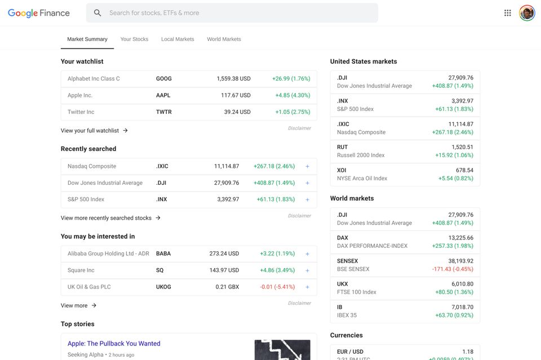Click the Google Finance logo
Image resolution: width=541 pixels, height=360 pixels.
click(38, 13)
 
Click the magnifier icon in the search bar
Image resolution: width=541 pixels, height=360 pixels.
click(97, 13)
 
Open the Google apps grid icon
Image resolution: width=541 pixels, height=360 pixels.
click(508, 13)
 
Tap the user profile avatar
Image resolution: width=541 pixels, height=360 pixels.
click(527, 13)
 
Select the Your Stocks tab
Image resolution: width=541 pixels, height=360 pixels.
click(134, 39)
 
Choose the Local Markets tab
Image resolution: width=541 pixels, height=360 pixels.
click(178, 39)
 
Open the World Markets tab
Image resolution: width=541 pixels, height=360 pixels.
click(224, 39)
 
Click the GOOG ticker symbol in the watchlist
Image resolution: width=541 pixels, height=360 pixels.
click(164, 79)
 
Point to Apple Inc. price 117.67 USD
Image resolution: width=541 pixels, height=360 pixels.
click(236, 95)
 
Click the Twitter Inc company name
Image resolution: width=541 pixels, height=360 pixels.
click(81, 112)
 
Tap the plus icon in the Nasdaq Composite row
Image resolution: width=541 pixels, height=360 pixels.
click(307, 166)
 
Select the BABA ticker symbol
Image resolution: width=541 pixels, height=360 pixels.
click(163, 254)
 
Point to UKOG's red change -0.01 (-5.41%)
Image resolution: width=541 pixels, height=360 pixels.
click(277, 287)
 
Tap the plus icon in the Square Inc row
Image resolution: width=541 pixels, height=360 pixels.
click(307, 270)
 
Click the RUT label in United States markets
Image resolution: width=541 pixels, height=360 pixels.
click(342, 147)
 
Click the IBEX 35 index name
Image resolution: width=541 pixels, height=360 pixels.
click(347, 315)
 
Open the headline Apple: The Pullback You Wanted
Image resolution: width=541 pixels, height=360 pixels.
click(114, 344)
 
